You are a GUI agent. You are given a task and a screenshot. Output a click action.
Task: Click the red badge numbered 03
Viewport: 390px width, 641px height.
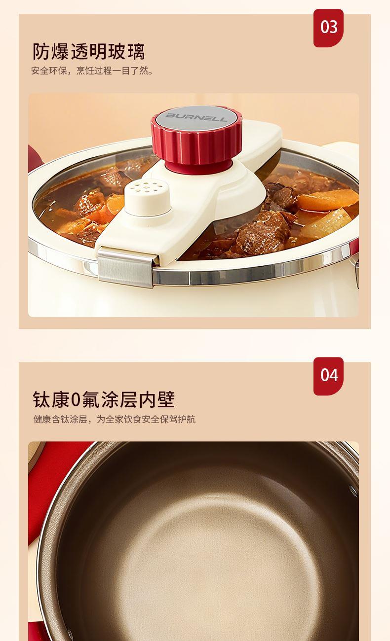tap(328, 28)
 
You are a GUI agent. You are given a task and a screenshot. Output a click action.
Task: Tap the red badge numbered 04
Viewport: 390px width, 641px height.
tap(328, 376)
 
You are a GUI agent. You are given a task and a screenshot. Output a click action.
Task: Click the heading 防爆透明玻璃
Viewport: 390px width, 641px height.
tap(88, 51)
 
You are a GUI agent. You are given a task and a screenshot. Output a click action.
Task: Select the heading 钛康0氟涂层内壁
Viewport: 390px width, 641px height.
tap(104, 399)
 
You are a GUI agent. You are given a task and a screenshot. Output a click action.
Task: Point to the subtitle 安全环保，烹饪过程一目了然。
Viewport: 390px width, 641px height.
tap(92, 71)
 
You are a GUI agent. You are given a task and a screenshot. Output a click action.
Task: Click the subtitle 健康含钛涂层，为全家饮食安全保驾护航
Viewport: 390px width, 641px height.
tap(115, 419)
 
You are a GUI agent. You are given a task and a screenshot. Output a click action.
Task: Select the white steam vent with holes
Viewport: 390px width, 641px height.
tap(148, 197)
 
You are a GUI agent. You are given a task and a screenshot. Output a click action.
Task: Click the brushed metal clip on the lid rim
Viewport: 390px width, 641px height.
tap(125, 268)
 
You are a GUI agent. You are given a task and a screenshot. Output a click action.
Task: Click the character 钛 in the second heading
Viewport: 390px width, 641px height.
tap(42, 399)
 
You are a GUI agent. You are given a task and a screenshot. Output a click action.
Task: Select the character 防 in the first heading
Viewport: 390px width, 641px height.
tap(41, 51)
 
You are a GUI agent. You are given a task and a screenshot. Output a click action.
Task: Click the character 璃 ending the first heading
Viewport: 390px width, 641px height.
tap(136, 51)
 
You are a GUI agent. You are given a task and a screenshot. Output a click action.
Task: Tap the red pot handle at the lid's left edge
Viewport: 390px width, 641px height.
tap(35, 159)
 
